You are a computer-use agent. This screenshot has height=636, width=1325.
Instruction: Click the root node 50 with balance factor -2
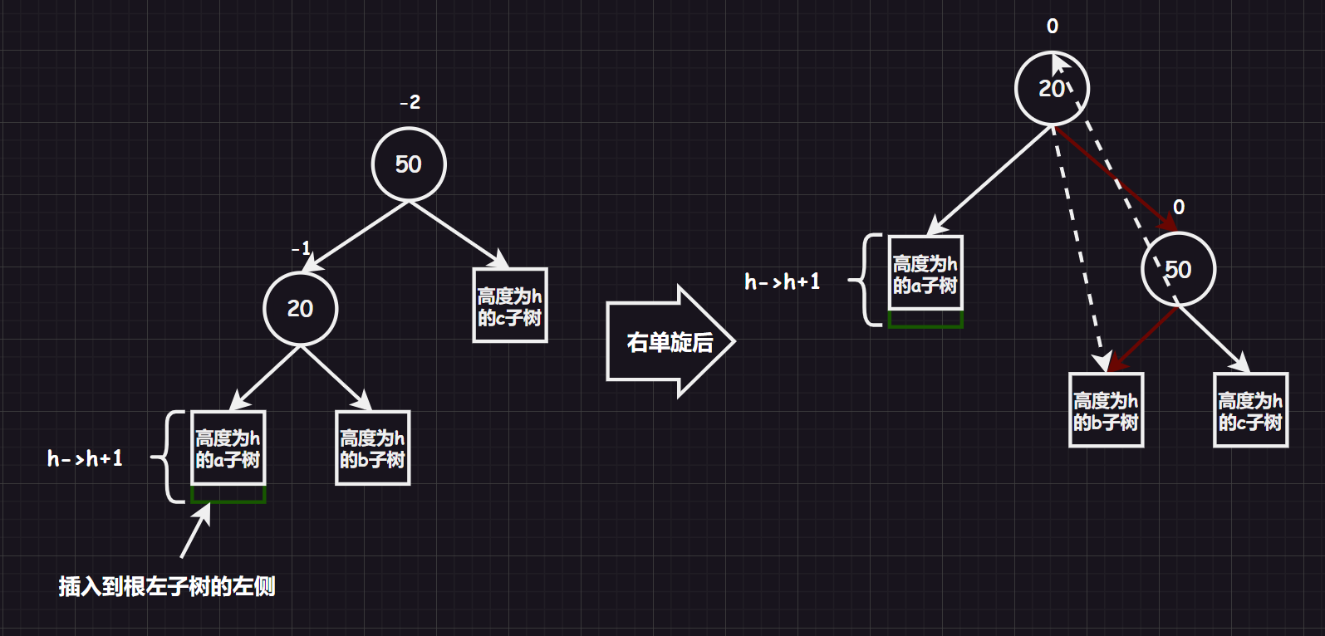[408, 164]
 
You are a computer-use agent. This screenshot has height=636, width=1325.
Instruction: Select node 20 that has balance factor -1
[300, 308]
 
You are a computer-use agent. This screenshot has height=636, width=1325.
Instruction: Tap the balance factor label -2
[410, 102]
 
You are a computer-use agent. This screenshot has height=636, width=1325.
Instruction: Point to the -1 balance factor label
[301, 247]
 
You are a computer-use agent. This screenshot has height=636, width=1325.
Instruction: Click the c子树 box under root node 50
[510, 306]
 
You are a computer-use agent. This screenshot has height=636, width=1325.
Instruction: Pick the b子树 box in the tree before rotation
[372, 448]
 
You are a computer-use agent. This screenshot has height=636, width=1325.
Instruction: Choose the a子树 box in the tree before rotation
[228, 448]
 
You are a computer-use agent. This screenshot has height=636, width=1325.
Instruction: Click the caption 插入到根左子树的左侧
[166, 586]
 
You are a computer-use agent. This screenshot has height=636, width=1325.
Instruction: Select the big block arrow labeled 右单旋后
[670, 341]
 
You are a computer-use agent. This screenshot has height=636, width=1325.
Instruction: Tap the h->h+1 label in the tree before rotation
[85, 458]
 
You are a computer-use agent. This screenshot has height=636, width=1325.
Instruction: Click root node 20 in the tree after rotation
[1051, 88]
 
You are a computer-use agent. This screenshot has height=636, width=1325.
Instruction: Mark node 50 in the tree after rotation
[1178, 270]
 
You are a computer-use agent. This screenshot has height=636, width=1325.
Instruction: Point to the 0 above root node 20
[1053, 27]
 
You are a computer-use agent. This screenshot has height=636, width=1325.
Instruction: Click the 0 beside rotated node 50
[1179, 207]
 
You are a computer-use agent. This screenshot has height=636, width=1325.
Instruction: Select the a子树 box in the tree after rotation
[925, 274]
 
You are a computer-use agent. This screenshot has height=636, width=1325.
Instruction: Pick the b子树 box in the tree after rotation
[1106, 411]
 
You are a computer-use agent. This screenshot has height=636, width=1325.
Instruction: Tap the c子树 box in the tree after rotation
[1250, 411]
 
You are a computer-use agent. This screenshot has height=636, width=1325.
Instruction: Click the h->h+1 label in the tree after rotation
[782, 282]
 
